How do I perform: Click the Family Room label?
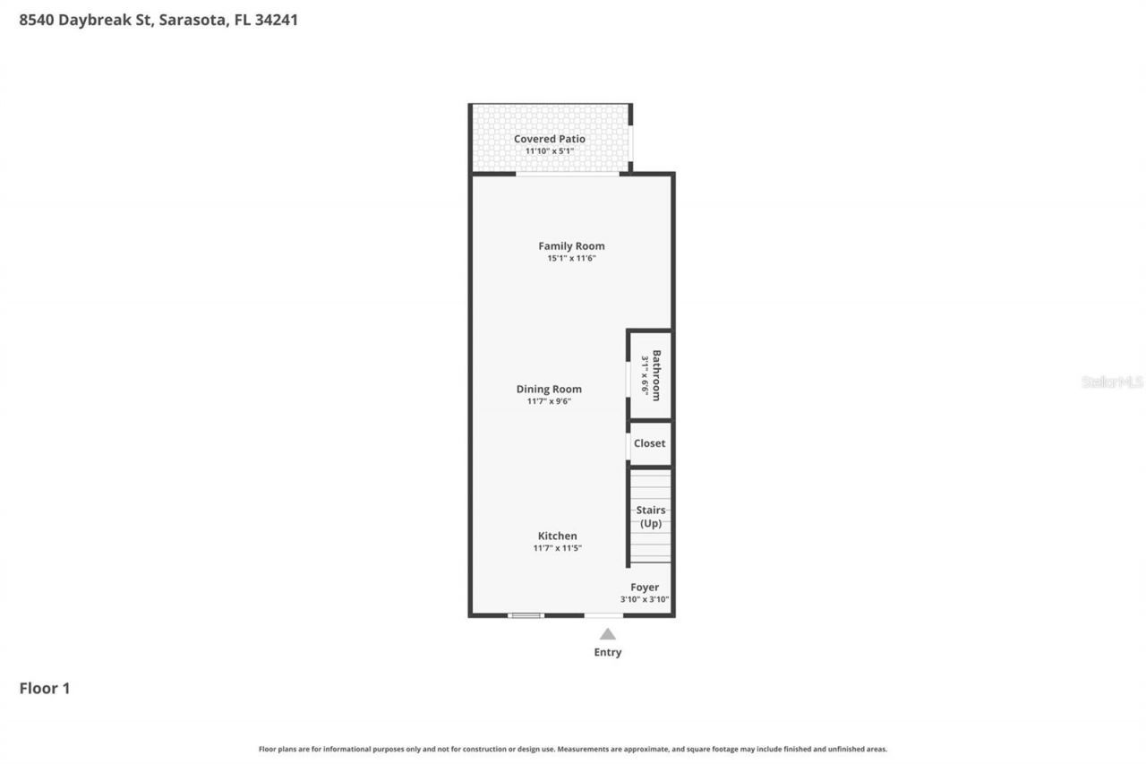[571, 245]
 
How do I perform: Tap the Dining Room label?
[549, 389]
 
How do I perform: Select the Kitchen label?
[557, 536]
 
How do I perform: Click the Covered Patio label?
[549, 139]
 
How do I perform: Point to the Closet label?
[649, 443]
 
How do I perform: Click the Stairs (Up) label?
[651, 517]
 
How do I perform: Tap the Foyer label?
[645, 588]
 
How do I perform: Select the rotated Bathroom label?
[656, 375]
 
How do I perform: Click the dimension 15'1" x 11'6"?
[571, 258]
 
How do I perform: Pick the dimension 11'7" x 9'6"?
[549, 401]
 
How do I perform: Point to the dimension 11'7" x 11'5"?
[557, 548]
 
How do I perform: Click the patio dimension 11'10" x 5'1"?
[549, 151]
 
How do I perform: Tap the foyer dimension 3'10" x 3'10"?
[645, 600]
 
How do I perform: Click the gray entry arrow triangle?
[607, 634]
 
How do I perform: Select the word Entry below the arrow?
[607, 652]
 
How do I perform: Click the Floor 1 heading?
[45, 689]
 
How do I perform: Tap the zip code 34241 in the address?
[276, 20]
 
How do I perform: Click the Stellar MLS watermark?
[1112, 382]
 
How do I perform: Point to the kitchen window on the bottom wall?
[526, 615]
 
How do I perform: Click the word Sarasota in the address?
[192, 20]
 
